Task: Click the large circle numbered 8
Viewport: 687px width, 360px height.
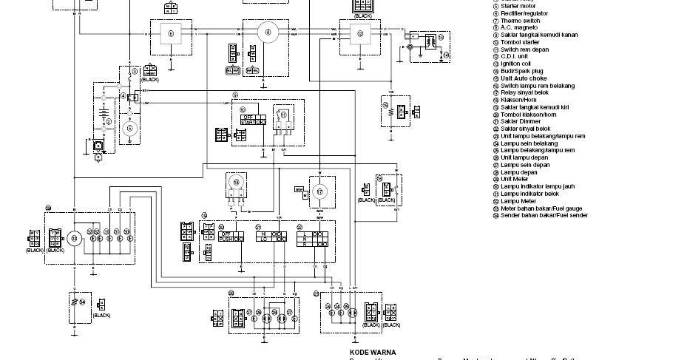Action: [268, 32]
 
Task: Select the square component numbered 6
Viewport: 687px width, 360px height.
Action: [171, 33]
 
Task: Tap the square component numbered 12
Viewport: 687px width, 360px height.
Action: [360, 33]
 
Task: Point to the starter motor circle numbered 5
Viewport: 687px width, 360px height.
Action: [130, 128]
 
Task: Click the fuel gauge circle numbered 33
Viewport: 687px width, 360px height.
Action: [74, 238]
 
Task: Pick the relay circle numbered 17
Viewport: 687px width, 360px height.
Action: [319, 191]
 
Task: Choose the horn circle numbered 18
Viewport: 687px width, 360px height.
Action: [237, 183]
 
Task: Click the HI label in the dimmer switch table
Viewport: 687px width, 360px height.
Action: [263, 234]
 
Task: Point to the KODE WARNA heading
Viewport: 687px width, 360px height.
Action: [373, 353]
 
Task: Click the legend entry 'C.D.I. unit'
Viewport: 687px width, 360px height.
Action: [515, 56]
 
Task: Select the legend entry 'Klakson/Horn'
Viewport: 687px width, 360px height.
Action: [528, 115]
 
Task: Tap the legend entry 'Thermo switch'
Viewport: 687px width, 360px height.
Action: [520, 21]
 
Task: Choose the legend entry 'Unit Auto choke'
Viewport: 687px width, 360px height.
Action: [524, 78]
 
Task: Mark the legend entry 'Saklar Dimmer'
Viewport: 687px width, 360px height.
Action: [521, 121]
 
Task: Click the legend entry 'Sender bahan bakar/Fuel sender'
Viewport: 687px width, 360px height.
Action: [544, 215]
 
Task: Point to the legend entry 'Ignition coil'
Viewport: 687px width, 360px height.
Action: [515, 64]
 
